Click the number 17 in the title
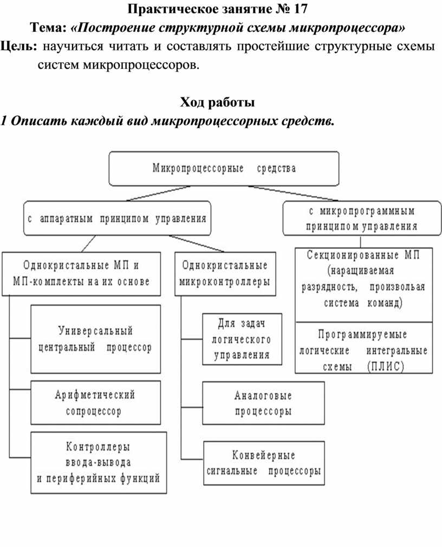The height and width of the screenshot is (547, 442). click(300, 9)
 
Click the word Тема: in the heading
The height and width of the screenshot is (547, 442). click(49, 28)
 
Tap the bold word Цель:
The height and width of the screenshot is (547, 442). click(19, 47)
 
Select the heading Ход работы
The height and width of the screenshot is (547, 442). click(217, 102)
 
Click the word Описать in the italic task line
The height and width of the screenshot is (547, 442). click(38, 121)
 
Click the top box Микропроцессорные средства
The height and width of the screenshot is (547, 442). click(224, 168)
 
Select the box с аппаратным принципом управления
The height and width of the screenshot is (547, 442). click(118, 218)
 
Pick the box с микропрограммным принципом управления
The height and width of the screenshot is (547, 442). click(362, 219)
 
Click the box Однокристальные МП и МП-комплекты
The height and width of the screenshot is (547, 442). click(81, 274)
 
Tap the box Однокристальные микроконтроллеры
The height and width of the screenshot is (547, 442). click(225, 274)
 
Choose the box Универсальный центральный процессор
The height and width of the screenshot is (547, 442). click(96, 339)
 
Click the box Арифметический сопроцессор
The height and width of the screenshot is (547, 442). click(96, 403)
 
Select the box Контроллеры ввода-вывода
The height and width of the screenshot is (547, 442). click(99, 463)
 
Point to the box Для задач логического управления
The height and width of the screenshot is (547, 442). click(242, 339)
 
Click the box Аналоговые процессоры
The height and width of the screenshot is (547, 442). click(264, 403)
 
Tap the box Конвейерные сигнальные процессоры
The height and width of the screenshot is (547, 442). click(264, 463)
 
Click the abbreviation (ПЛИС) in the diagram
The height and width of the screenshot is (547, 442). click(386, 366)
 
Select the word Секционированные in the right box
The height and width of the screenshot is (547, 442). click(353, 255)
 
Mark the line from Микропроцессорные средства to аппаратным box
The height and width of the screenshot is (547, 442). click(158, 193)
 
